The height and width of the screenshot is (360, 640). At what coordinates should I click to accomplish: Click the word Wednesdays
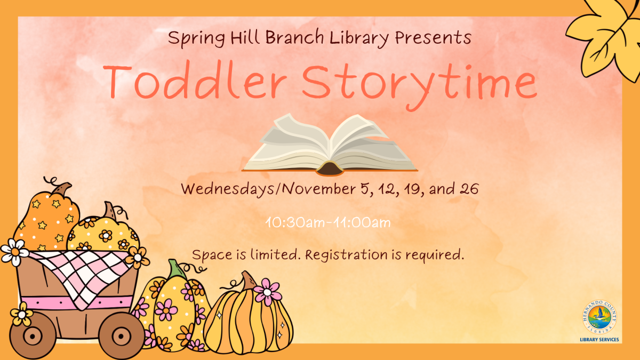231,189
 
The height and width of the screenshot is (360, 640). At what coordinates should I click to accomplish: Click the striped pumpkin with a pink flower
248,320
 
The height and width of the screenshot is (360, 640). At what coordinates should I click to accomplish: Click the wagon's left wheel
33,335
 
